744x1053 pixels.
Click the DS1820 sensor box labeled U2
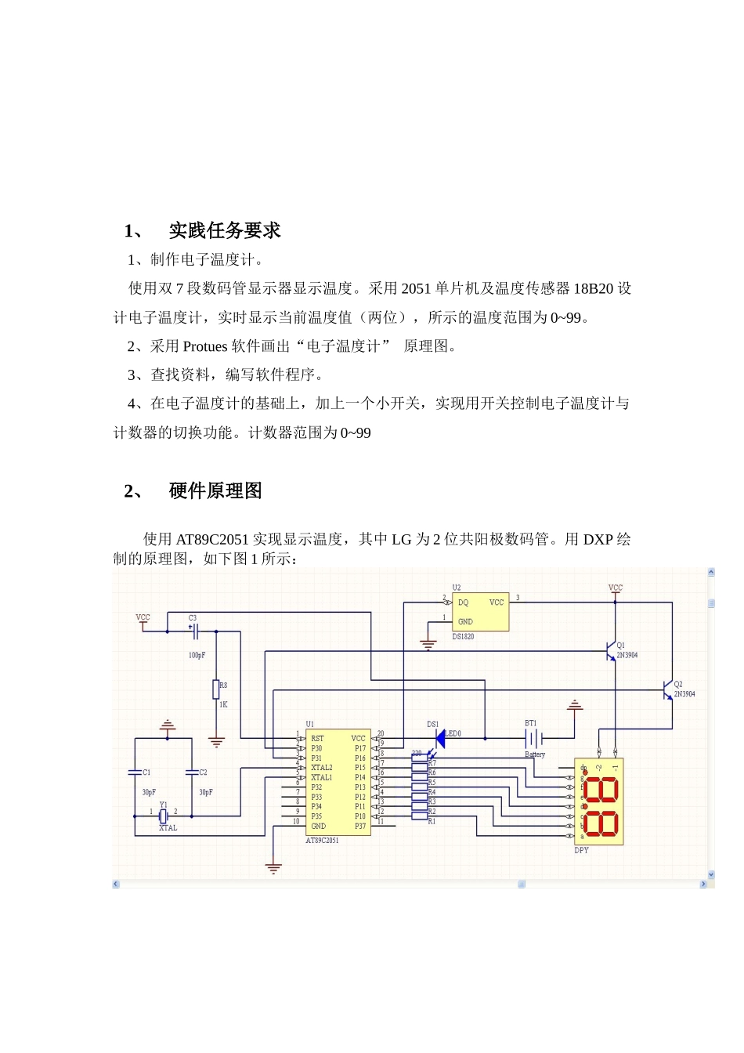480,612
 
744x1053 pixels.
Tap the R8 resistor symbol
216,689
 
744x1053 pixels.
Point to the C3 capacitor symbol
195,631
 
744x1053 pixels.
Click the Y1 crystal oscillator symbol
164,816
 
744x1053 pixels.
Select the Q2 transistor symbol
668,690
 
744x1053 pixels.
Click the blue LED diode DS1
440,738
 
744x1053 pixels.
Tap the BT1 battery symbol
533,738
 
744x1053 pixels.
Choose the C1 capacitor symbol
135,773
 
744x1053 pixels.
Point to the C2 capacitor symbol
191,773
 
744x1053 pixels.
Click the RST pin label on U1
317,738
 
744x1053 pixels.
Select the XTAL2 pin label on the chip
321,768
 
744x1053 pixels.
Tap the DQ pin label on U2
463,602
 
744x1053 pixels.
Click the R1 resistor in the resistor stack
419,816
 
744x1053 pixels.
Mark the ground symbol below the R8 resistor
216,741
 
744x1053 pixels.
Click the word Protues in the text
205,346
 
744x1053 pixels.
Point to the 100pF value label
197,655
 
